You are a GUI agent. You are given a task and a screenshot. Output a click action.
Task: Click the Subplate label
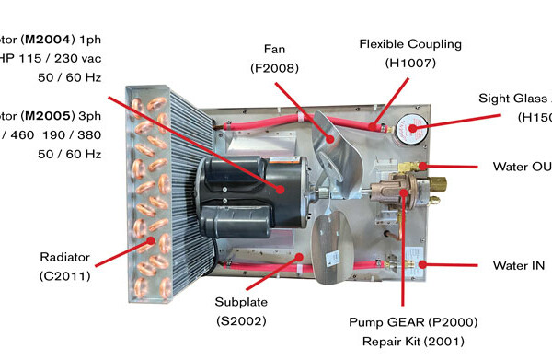point(240,300)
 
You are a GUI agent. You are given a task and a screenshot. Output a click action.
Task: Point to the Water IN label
point(518,266)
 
